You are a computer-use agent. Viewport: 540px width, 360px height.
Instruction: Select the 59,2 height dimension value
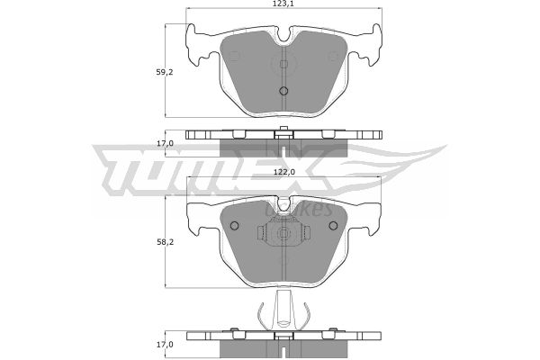[165, 72]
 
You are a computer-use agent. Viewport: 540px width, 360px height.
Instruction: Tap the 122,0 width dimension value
[284, 173]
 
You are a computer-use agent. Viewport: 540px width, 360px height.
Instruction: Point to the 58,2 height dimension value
[166, 242]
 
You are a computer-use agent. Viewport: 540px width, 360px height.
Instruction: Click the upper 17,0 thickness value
[166, 143]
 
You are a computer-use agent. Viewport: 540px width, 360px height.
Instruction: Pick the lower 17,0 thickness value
[166, 344]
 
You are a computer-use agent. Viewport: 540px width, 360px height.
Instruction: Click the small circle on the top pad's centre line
[283, 91]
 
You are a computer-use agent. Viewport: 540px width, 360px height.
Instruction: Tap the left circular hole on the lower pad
[234, 226]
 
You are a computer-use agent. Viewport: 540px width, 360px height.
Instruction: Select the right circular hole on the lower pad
[333, 226]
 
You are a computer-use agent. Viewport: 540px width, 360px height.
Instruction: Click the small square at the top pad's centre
[283, 64]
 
